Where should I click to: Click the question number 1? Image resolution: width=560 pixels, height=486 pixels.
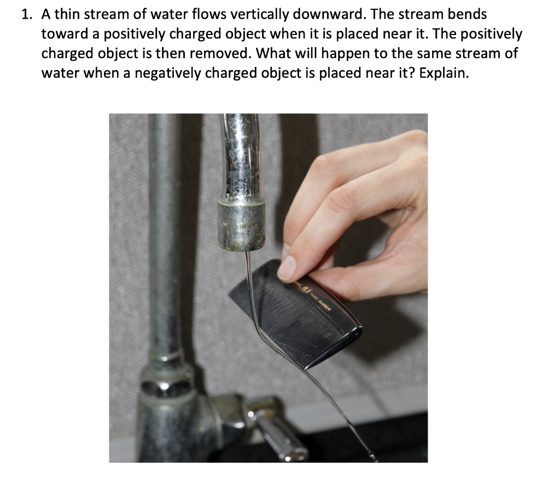pos(25,15)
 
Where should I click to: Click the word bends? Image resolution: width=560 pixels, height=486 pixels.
pos(468,15)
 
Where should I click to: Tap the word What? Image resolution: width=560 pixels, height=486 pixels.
pos(273,54)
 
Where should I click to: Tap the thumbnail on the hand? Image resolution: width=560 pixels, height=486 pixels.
pos(288,267)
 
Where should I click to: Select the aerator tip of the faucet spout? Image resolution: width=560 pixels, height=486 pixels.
pos(241,224)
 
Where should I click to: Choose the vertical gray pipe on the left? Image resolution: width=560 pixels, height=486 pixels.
pos(164,246)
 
